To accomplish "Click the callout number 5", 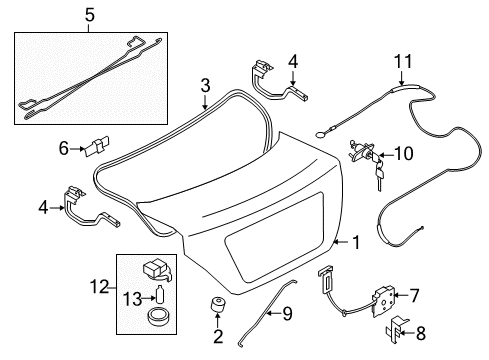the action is click(90, 15).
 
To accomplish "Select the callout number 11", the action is click(403, 62).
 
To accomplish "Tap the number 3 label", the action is click(205, 85).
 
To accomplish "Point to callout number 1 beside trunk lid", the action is click(356, 242).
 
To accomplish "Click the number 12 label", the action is click(100, 287).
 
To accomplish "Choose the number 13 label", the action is click(133, 299).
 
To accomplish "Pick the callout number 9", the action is click(287, 313).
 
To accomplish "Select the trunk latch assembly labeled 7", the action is click(381, 301).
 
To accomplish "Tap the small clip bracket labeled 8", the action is click(396, 331).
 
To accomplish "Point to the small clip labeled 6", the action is click(97, 145).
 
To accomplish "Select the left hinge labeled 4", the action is click(89, 208).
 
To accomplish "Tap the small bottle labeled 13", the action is click(160, 294).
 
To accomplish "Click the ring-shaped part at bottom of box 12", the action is click(158, 317).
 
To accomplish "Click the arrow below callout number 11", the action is click(401, 78).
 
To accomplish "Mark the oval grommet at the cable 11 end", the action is click(321, 135).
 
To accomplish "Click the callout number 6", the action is click(63, 148).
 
